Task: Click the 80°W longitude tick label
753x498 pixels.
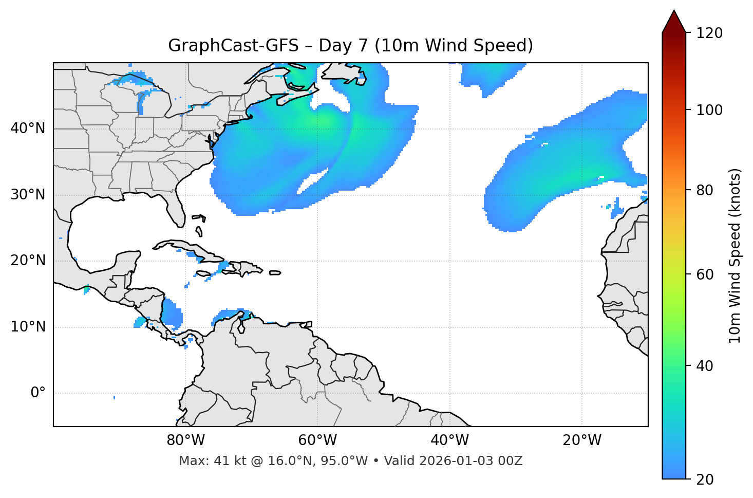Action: click(x=185, y=440)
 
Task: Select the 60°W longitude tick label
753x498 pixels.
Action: click(x=317, y=440)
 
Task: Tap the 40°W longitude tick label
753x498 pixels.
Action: click(x=449, y=440)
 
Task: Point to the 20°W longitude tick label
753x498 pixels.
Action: click(x=582, y=440)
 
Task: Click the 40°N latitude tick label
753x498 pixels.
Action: click(x=28, y=128)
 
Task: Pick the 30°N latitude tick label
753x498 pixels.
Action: click(x=28, y=195)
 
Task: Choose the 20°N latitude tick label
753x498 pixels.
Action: click(x=28, y=261)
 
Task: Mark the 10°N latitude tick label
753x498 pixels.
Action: click(x=28, y=327)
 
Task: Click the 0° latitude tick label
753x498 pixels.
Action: click(x=38, y=393)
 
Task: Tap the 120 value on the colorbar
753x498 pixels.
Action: click(x=709, y=33)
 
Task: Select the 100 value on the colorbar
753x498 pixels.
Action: click(x=709, y=110)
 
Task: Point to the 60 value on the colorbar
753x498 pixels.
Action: click(x=705, y=274)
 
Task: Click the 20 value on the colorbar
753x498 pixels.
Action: click(x=705, y=479)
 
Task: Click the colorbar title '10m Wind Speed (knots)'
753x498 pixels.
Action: click(x=735, y=256)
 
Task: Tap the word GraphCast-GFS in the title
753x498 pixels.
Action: click(x=233, y=46)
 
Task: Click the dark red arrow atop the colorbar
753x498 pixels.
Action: click(x=674, y=22)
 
